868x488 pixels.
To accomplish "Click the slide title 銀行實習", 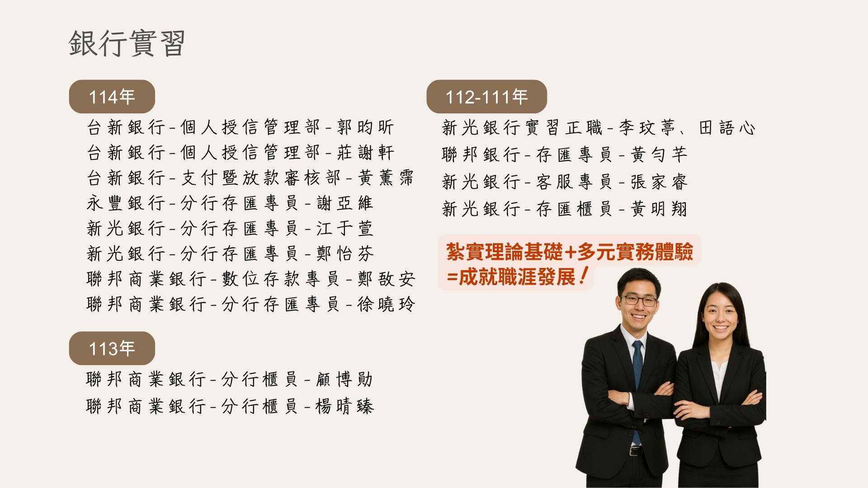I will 127,43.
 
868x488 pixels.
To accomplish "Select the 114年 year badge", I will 112,97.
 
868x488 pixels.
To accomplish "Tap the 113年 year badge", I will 112,348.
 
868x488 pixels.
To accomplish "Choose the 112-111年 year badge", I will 486,97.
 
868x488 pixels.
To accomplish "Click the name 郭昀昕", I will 365,127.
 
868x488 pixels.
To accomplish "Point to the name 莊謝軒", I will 365,153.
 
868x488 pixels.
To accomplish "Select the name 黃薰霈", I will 386,178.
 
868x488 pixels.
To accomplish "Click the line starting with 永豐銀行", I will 230,203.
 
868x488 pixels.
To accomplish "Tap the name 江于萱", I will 344,229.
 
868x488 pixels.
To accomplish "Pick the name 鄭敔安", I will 386,279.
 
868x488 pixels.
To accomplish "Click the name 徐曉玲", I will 386,305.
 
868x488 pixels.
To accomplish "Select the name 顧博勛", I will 344,380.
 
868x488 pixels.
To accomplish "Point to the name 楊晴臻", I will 344,407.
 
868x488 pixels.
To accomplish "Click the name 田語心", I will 727,128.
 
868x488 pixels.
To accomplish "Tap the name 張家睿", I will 659,182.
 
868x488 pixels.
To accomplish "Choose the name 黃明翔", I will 659,209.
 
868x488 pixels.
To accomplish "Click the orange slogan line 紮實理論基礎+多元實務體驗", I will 569,252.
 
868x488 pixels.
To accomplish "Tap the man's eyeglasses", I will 639,300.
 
